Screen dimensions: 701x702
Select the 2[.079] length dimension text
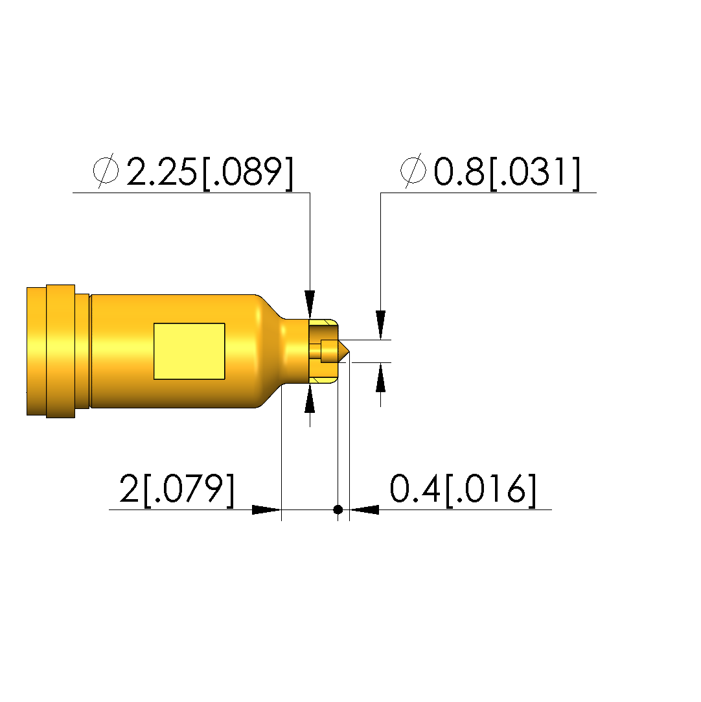pos(177,489)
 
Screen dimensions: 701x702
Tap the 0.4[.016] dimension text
pos(463,489)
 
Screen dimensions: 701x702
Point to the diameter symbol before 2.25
pos(106,170)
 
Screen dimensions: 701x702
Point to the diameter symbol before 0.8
pos(413,170)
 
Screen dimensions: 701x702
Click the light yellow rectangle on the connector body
pos(189,351)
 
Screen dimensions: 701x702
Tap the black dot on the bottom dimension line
pos(338,509)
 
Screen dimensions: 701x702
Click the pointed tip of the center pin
pos(349,351)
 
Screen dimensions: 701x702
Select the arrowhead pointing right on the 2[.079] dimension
pos(267,509)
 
